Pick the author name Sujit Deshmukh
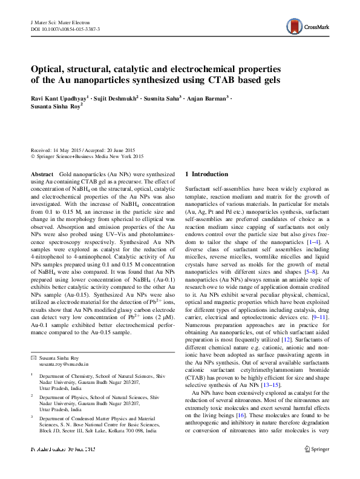pyautogui.click(x=117, y=97)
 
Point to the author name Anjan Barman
pyautogui.click(x=209, y=97)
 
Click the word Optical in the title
pyautogui.click(x=50, y=68)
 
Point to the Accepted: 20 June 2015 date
pyautogui.click(x=113, y=150)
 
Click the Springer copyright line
pyautogui.click(x=87, y=156)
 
